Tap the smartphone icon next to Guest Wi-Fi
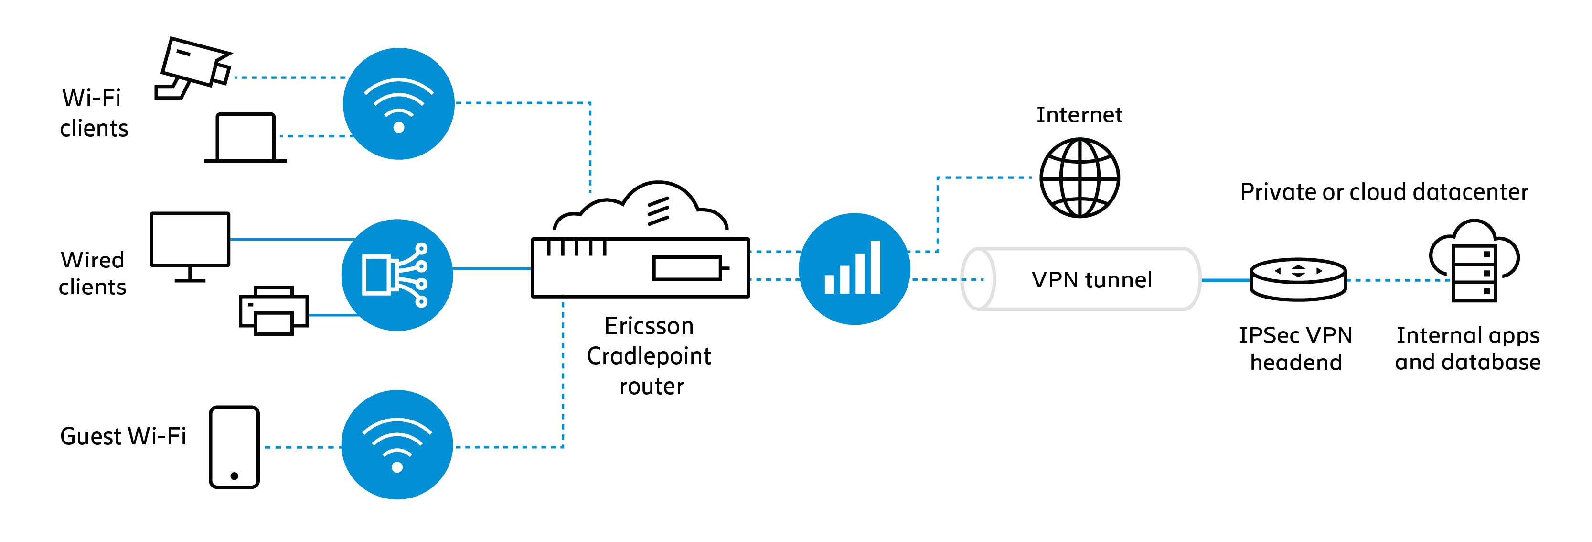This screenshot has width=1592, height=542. [234, 447]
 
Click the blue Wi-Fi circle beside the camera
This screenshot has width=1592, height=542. [399, 104]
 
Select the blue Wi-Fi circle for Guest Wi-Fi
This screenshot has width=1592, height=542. [397, 445]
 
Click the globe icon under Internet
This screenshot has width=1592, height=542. [1079, 177]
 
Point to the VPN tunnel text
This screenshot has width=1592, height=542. [1091, 280]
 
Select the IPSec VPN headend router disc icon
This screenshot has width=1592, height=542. [1297, 280]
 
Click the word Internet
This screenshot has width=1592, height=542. [1079, 115]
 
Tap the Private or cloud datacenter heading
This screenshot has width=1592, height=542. [1384, 192]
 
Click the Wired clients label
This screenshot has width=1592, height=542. [93, 274]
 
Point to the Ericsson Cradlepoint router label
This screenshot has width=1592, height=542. [649, 356]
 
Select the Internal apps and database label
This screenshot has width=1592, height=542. [1468, 348]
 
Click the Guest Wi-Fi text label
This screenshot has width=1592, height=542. [123, 436]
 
